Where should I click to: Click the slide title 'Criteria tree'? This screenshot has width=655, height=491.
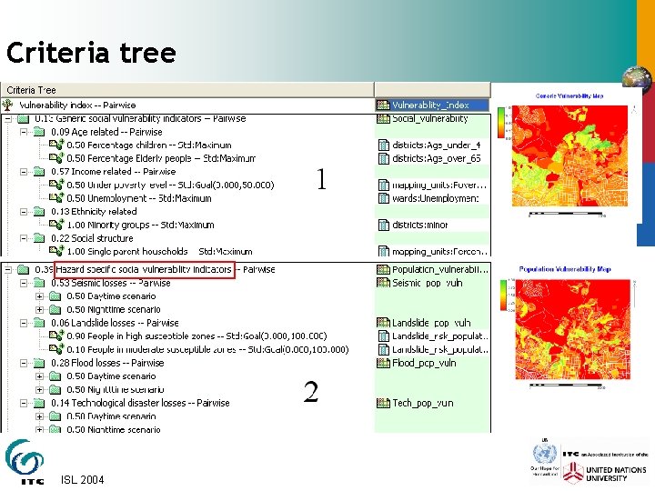click(x=91, y=54)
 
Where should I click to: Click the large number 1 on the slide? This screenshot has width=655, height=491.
click(x=321, y=179)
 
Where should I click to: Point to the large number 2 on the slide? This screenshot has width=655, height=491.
click(x=311, y=392)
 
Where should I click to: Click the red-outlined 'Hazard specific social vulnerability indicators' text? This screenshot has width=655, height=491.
click(x=145, y=270)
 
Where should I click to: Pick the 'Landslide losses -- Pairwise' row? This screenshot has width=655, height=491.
click(x=115, y=323)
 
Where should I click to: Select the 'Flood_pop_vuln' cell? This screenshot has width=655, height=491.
click(x=424, y=363)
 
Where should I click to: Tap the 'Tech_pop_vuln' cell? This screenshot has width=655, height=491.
click(x=422, y=403)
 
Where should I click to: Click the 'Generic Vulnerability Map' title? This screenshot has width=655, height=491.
click(x=569, y=95)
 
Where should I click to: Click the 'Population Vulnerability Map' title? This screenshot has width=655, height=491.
click(x=565, y=269)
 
